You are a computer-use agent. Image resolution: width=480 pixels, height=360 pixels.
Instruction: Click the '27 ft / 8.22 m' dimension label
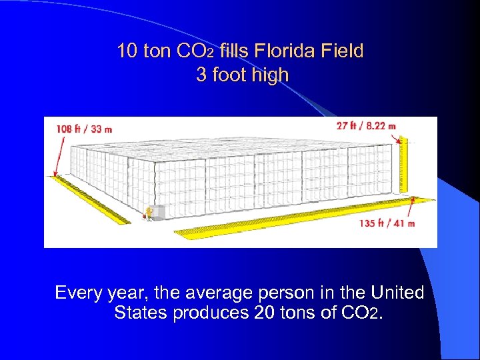(367, 125)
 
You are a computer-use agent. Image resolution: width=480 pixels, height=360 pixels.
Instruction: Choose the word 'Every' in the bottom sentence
(77, 293)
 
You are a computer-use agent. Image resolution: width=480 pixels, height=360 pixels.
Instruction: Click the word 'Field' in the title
(345, 51)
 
